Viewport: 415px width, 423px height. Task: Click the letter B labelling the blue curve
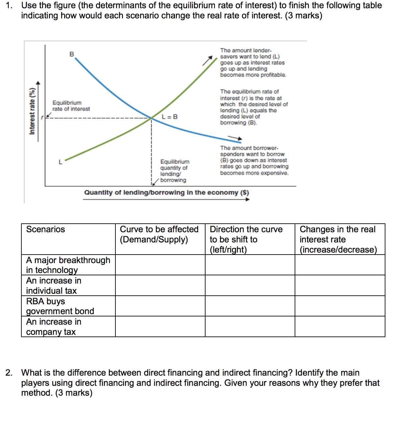point(72,54)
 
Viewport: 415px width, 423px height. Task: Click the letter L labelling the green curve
point(60,162)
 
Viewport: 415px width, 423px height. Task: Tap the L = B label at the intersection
point(170,117)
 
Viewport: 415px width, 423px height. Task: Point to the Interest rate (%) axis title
point(32,111)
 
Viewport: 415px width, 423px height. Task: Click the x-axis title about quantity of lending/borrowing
point(166,192)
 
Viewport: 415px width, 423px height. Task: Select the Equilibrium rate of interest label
point(71,106)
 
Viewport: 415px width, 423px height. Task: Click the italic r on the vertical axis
point(42,117)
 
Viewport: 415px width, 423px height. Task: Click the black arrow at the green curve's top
point(207,61)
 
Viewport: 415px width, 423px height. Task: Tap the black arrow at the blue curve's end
point(235,138)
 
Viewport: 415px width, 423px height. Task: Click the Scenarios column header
point(46,229)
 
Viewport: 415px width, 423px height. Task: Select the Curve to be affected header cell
point(159,234)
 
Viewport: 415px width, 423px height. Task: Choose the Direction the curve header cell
point(246,239)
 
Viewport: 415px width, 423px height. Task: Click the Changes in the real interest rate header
point(338,239)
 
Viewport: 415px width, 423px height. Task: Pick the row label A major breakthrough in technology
point(68,265)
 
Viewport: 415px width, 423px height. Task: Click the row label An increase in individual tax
point(54,286)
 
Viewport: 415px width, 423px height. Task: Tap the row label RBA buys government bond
point(60,306)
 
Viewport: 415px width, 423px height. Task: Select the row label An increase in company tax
point(54,327)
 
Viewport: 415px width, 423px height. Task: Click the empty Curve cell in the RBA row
point(160,306)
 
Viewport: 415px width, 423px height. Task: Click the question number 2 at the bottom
point(9,373)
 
